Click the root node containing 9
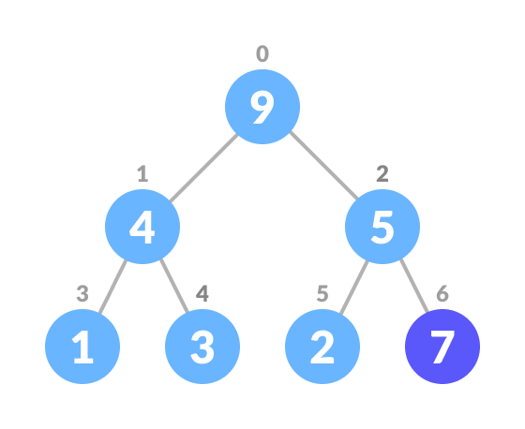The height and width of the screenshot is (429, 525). point(262,107)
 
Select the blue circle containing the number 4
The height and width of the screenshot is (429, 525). point(142,227)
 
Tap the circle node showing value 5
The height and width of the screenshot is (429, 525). point(382,227)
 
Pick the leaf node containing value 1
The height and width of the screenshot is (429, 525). point(82,347)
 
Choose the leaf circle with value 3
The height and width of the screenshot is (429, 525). point(202,347)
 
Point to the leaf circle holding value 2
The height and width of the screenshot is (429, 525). point(322,347)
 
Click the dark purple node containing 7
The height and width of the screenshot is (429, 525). point(442,347)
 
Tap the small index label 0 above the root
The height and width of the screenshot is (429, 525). point(262,54)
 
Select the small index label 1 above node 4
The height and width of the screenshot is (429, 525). point(142,174)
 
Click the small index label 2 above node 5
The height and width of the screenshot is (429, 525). point(382,174)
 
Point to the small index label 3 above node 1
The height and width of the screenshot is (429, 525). point(82,294)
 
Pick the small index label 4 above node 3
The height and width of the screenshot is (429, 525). point(202,294)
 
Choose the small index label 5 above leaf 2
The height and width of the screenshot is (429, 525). point(322,294)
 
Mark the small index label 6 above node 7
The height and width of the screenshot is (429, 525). point(442,294)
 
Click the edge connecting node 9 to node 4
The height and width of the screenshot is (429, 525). point(202,167)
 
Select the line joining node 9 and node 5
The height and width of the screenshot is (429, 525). point(323,167)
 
